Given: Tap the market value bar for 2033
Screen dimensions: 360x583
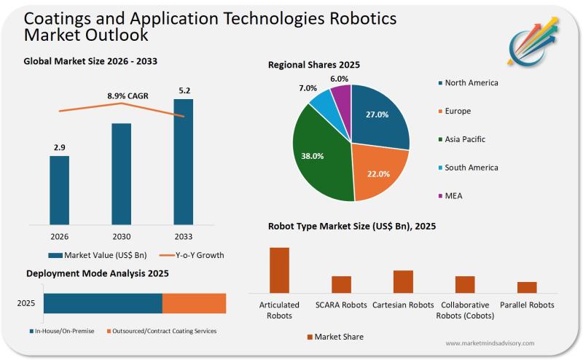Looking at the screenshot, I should tap(183, 161).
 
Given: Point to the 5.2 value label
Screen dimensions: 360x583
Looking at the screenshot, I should tap(184, 90).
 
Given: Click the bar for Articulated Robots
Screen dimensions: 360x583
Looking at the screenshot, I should tap(279, 270).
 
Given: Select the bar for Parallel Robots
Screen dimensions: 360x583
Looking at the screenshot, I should tap(527, 287).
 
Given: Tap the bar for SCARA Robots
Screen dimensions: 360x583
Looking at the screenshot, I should tap(341, 284).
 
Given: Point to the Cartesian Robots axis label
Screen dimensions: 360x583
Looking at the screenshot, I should tap(403, 305).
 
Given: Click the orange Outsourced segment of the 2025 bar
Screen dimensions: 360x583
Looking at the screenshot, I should tap(194, 303).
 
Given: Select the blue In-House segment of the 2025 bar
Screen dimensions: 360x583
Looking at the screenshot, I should tap(103, 303).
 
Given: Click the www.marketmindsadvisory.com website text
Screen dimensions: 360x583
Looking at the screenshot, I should tap(489, 343).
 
